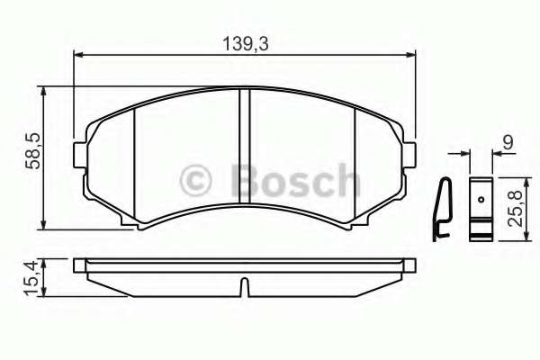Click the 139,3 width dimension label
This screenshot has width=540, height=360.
(x=244, y=42)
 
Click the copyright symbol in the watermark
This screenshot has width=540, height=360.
(x=198, y=180)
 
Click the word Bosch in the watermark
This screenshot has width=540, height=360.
(x=294, y=180)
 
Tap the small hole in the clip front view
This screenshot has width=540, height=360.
(x=481, y=199)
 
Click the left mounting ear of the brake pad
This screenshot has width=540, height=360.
(x=82, y=153)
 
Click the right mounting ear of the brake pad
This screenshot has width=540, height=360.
(x=410, y=153)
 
